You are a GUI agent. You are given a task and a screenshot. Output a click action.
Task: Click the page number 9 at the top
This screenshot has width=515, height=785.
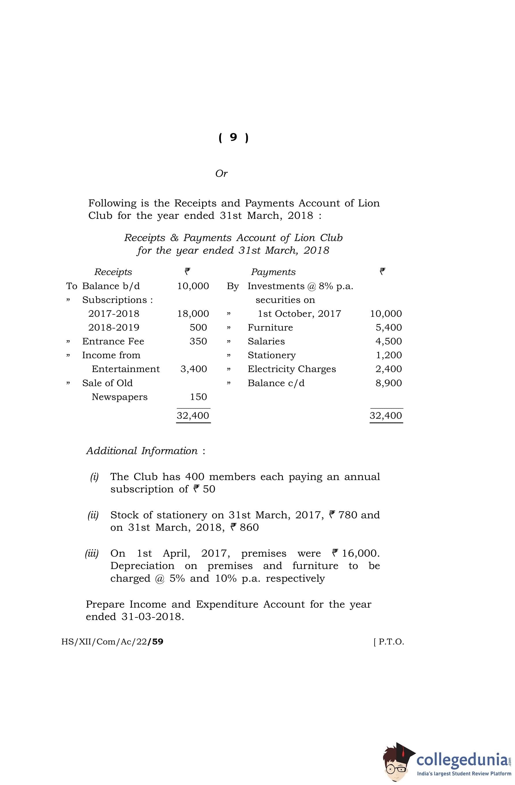pyautogui.click(x=233, y=137)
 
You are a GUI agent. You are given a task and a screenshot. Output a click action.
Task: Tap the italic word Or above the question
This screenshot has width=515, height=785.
pyautogui.click(x=221, y=173)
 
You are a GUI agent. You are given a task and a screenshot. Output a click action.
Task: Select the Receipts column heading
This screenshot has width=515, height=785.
pyautogui.click(x=113, y=272)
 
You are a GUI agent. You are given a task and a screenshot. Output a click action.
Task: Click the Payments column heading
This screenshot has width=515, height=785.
pyautogui.click(x=273, y=272)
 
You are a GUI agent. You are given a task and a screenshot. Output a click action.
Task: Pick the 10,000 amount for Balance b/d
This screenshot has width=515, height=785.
pyautogui.click(x=193, y=286)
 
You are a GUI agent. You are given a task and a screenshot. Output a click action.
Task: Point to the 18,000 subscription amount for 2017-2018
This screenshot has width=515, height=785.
pyautogui.click(x=193, y=313)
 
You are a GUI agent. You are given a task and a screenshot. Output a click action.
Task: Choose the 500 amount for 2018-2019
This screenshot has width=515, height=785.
pyautogui.click(x=198, y=327)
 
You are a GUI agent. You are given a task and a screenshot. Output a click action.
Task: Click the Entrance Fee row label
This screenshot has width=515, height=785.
pyautogui.click(x=113, y=341)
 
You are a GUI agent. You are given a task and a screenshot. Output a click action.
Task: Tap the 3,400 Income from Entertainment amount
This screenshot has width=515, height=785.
pyautogui.click(x=193, y=369)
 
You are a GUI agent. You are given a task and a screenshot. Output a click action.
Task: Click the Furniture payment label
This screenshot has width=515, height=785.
pyautogui.click(x=270, y=327)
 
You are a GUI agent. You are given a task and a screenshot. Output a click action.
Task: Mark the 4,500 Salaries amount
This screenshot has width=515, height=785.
pyautogui.click(x=388, y=341)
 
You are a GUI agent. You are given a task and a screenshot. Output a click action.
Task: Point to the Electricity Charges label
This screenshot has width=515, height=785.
pyautogui.click(x=292, y=369)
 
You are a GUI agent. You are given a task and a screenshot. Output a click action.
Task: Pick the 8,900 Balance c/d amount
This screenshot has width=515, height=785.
pyautogui.click(x=388, y=383)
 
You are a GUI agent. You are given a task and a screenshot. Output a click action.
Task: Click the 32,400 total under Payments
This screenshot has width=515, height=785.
pyautogui.click(x=386, y=415)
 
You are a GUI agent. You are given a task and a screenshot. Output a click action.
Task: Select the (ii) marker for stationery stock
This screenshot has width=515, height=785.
pyautogui.click(x=93, y=515)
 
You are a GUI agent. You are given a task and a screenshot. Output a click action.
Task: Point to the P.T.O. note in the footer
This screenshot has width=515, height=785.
pyautogui.click(x=389, y=642)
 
